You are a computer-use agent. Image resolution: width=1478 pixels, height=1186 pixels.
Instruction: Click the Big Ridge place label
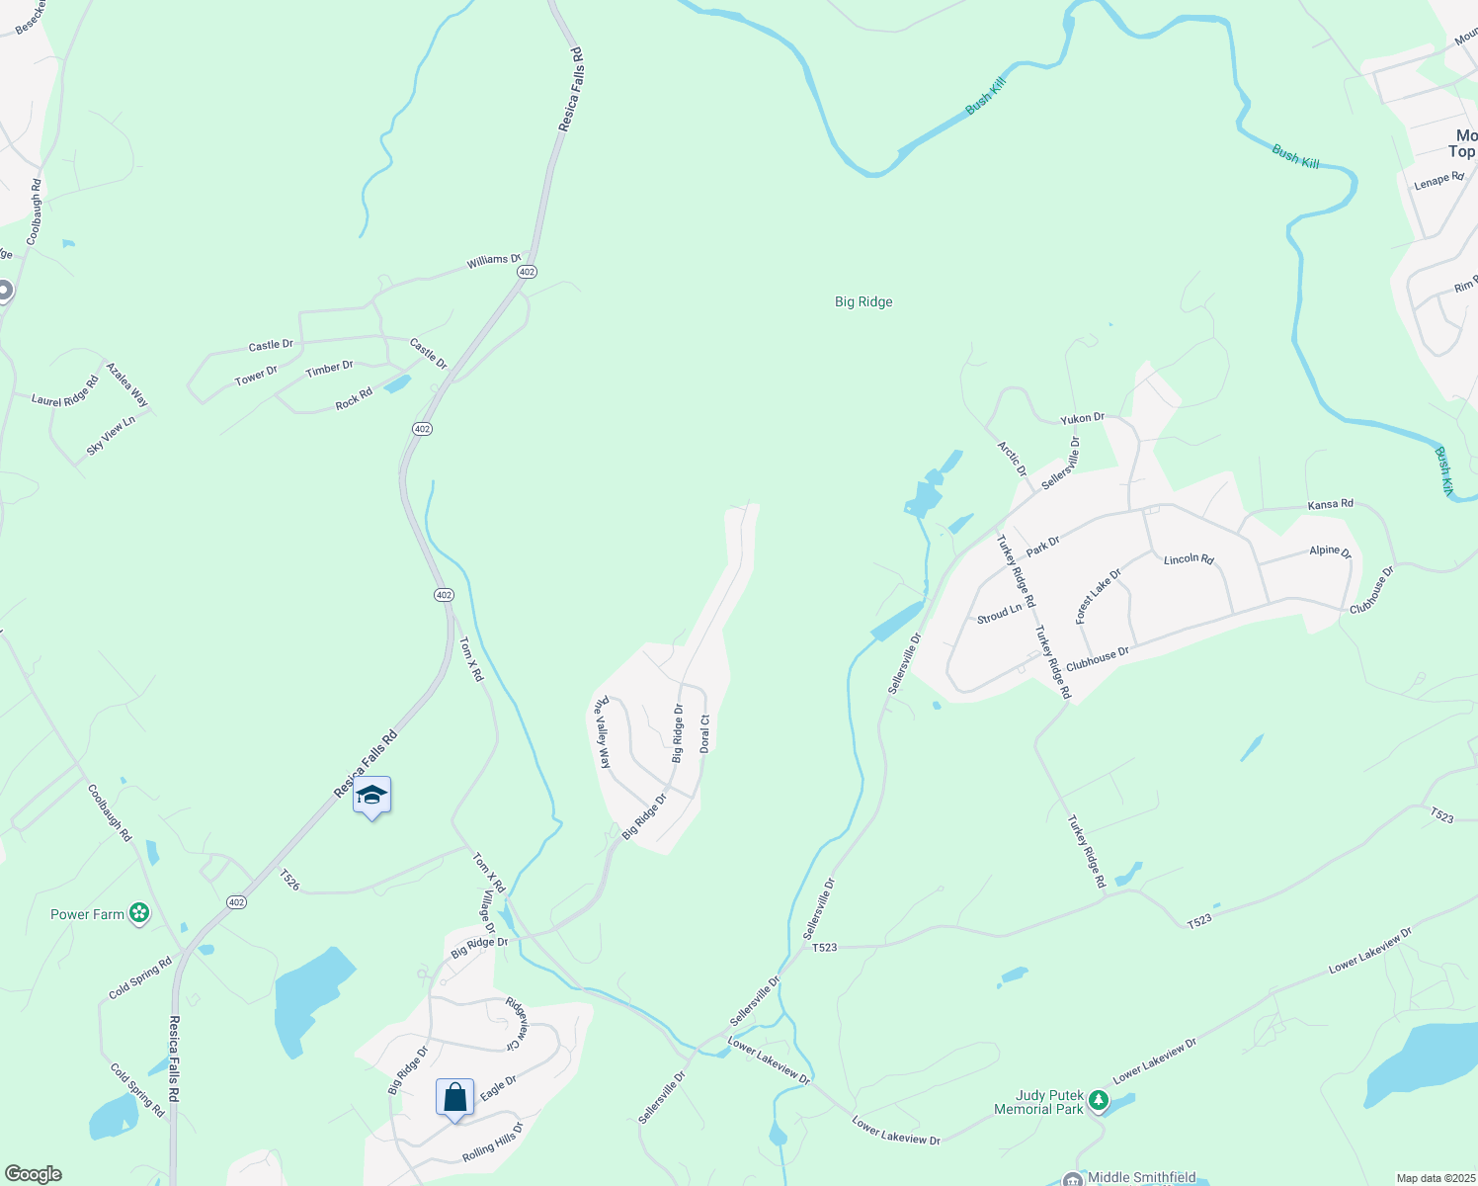863,302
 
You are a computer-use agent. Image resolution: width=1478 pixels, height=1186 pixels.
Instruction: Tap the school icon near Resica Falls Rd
371,796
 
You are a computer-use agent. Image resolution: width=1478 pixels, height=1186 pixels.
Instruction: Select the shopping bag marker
454,1097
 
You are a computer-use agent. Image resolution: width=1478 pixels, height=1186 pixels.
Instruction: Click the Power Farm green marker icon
139,914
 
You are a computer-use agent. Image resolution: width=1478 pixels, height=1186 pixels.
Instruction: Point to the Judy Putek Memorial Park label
1049,1102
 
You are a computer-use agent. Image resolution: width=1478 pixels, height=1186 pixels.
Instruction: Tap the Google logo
33,1174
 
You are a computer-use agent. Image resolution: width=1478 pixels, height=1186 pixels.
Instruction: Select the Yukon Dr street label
1083,419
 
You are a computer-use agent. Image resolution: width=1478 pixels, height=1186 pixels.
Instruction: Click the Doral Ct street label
704,734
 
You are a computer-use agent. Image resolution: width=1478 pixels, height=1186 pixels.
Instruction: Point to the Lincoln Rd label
1189,559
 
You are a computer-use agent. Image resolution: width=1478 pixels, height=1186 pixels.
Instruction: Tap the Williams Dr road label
493,261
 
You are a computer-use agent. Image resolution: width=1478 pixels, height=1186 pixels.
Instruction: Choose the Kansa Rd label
1330,505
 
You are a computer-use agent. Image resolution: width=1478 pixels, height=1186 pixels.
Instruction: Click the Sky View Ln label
110,436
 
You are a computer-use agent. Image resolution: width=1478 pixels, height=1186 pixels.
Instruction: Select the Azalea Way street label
127,385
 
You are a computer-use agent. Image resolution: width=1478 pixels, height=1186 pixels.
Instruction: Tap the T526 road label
289,880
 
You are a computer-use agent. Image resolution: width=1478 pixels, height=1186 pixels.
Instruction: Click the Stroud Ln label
999,614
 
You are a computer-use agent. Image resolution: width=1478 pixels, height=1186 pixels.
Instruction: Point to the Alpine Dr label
1330,551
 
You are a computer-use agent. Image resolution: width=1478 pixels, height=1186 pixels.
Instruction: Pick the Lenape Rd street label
1438,181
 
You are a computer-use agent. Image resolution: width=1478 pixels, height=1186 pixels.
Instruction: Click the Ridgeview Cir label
519,1023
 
